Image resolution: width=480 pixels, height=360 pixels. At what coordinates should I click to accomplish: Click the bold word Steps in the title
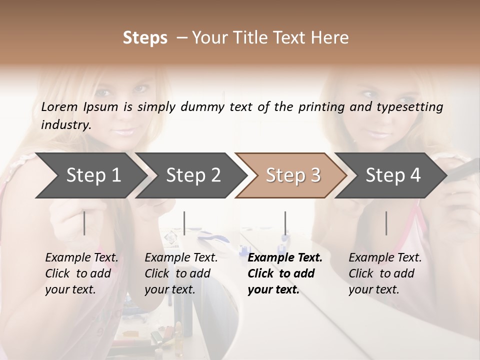coord(145,38)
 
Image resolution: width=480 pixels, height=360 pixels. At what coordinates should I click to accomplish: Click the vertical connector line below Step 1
coord(84,223)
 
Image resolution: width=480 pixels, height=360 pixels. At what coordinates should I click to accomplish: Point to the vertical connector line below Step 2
coord(184,223)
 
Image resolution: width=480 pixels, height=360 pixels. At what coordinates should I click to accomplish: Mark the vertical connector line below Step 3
coord(285,223)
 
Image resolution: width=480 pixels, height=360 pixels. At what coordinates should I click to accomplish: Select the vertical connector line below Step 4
coord(386,223)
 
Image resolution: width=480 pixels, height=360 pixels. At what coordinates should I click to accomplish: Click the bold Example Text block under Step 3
coord(285,273)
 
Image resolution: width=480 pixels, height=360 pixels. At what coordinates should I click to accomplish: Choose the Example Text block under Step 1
coord(81,273)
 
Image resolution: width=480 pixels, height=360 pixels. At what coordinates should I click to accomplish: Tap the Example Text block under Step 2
coord(181,273)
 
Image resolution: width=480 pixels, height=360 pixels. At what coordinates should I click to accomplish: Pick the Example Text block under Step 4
coord(385,273)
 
